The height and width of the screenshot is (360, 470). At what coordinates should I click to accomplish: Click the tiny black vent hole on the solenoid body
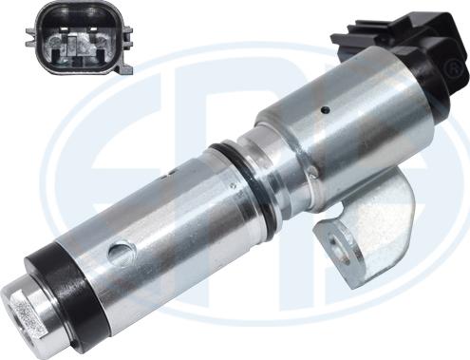325,110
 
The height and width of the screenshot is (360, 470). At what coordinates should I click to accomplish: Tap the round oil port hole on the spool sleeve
120,253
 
